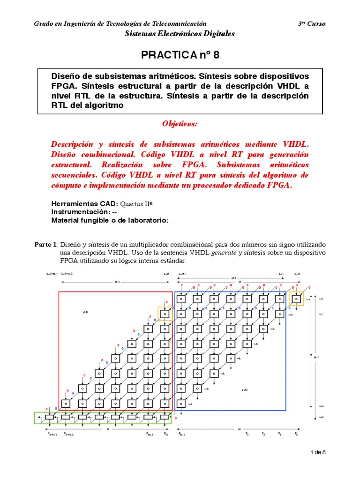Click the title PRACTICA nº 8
180,55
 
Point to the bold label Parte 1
46,244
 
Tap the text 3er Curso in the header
312,24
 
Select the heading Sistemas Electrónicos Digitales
180,34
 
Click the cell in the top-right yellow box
296,298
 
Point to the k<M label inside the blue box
244,390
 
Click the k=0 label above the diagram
297,273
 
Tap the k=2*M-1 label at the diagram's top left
52,273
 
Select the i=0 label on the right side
321,299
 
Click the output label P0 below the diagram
296,434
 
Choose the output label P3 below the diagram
247,434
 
